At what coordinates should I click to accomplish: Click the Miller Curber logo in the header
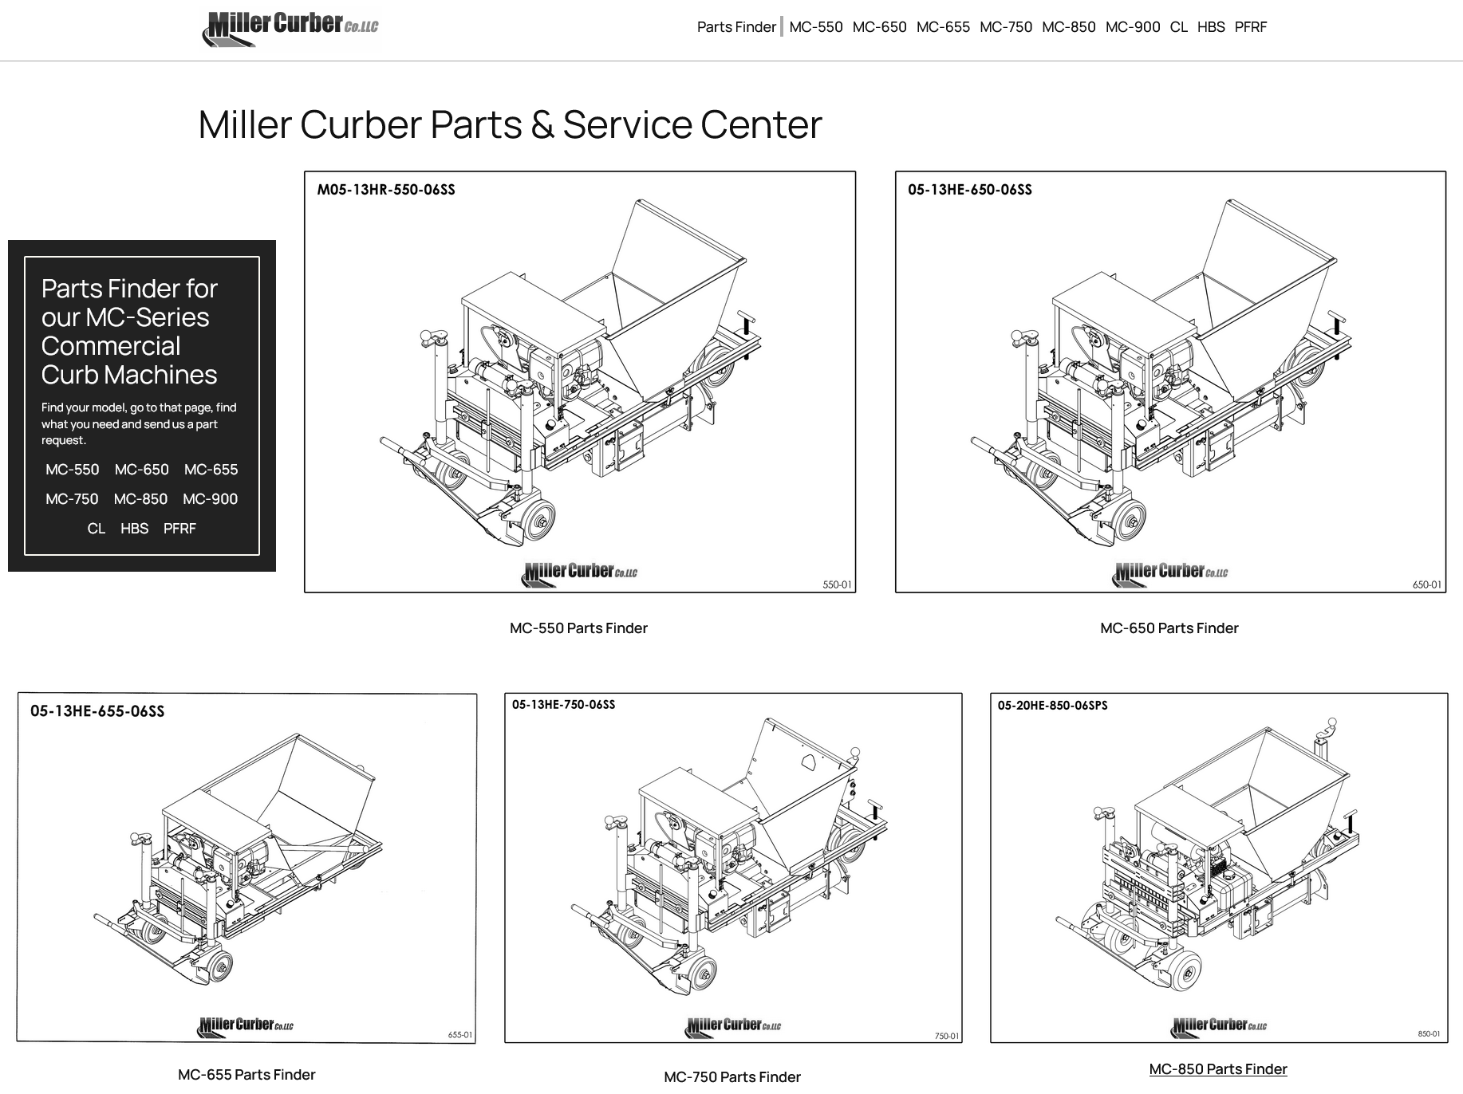(291, 30)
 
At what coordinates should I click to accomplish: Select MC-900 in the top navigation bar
(1132, 27)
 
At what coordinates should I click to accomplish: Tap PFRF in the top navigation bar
(1250, 27)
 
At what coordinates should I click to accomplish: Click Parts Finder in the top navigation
(735, 27)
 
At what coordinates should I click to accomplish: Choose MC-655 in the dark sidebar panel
(211, 470)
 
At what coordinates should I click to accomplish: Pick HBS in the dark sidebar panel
(134, 529)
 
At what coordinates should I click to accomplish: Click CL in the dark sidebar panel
(96, 529)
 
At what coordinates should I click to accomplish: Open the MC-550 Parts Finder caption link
(578, 628)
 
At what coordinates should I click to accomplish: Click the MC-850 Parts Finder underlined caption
(1217, 1069)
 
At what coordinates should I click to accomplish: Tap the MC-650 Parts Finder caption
(1169, 628)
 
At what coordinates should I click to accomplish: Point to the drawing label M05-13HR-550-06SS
(386, 190)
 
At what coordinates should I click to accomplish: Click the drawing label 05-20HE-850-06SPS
(1052, 706)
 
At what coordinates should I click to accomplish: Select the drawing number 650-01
(1426, 584)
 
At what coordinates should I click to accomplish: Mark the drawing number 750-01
(947, 1036)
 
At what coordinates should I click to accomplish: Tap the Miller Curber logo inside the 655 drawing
(246, 1025)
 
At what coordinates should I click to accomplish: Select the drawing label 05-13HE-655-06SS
(97, 711)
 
